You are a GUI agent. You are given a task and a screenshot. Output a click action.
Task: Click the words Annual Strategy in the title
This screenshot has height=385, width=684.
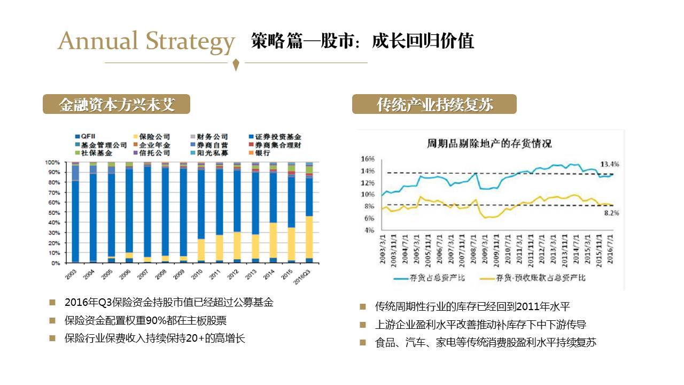coord(146,42)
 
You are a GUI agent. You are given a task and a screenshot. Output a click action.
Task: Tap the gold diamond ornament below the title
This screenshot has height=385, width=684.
coord(236,65)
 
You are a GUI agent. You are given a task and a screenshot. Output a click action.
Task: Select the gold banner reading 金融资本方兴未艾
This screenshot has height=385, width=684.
coord(116,104)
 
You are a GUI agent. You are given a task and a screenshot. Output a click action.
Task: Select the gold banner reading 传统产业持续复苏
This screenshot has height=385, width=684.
coord(434,104)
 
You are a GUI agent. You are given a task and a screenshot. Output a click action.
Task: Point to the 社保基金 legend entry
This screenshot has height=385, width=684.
coord(93,153)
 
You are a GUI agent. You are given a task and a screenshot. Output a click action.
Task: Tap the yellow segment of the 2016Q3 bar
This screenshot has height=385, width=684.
coord(309,237)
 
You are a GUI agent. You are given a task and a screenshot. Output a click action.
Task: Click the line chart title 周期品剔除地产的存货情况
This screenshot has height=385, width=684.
coord(488,143)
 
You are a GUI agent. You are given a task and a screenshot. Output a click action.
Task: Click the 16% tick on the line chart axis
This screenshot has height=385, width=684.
coord(368,159)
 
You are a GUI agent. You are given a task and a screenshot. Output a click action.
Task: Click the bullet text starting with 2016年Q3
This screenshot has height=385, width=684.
coord(169,303)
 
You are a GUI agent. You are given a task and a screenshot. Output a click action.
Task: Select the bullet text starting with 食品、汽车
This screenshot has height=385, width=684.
coord(485,342)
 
